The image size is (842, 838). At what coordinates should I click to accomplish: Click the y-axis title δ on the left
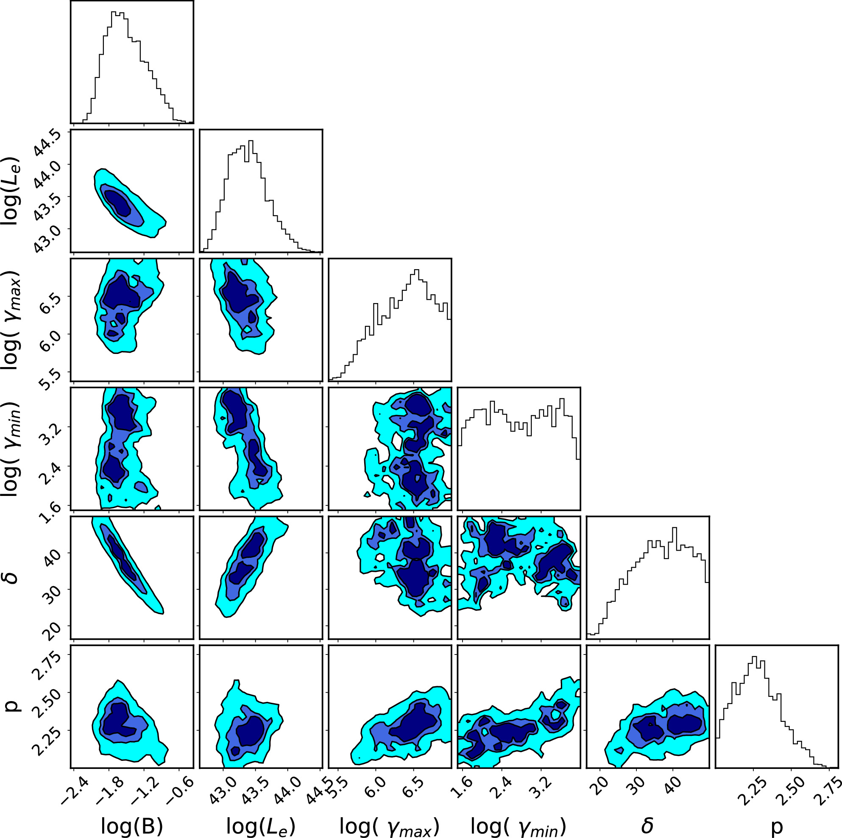(x=12, y=578)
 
